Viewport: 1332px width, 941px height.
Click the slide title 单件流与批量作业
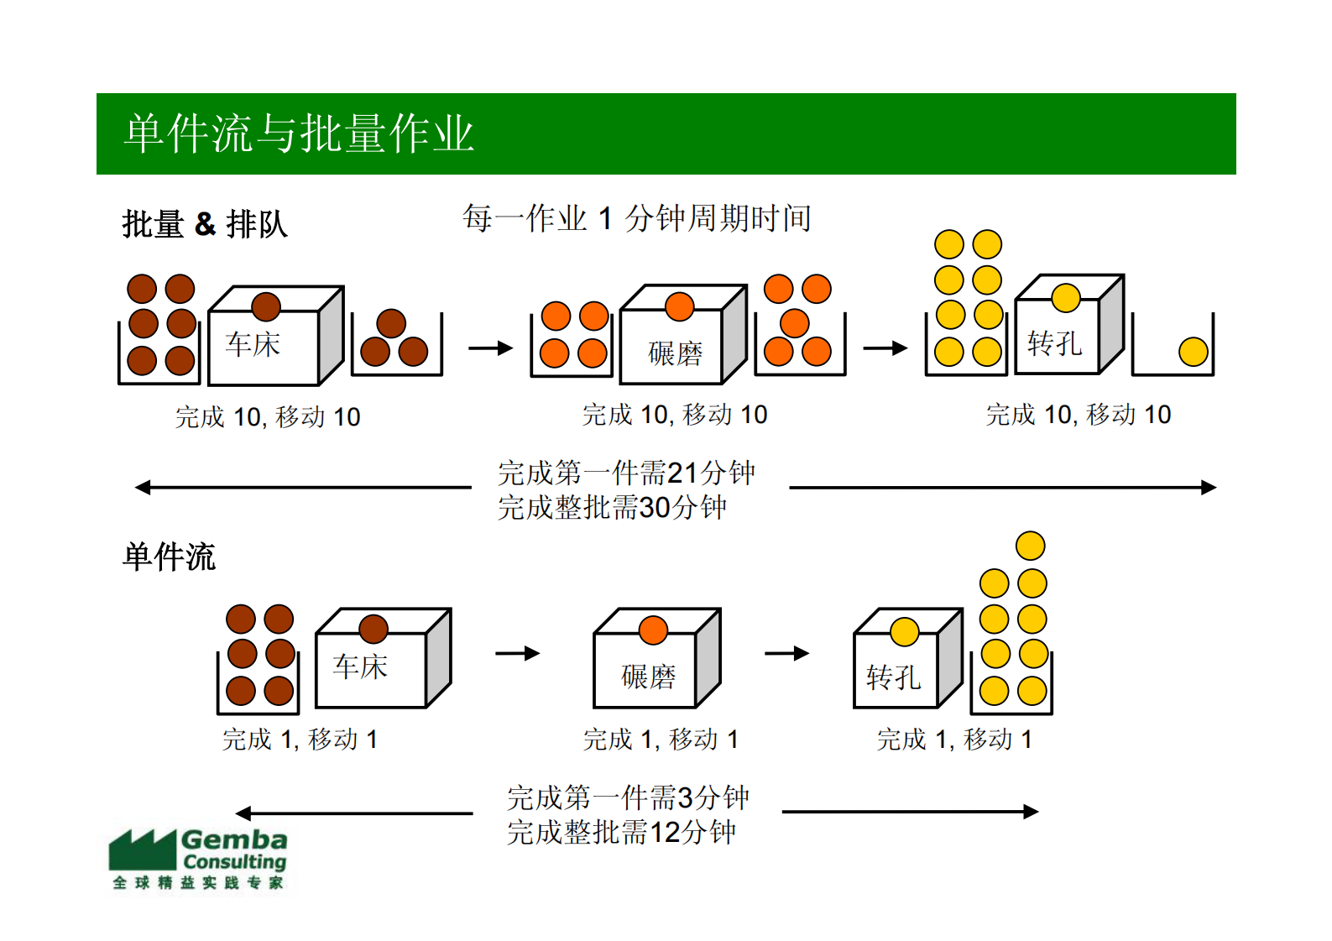pyautogui.click(x=299, y=134)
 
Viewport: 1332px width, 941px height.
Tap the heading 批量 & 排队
pyautogui.click(x=205, y=224)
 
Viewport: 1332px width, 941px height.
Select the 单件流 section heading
pyautogui.click(x=170, y=557)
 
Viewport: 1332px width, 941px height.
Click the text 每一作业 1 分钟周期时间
pyautogui.click(x=636, y=218)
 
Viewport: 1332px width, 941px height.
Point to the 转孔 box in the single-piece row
pyautogui.click(x=895, y=675)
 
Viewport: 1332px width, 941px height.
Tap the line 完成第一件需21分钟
pyautogui.click(x=626, y=473)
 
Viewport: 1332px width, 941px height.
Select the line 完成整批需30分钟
pyautogui.click(x=612, y=508)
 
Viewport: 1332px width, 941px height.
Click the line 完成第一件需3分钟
pyautogui.click(x=628, y=797)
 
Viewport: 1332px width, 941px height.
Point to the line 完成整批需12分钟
pyautogui.click(x=621, y=832)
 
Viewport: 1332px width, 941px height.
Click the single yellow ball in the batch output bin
pyautogui.click(x=1193, y=352)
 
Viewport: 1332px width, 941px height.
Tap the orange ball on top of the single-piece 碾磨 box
pyautogui.click(x=653, y=630)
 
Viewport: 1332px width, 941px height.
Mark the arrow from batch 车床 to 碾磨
pyautogui.click(x=490, y=348)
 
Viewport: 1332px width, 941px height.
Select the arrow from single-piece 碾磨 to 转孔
pyautogui.click(x=786, y=653)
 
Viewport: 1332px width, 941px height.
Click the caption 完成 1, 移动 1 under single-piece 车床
pyautogui.click(x=300, y=740)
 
